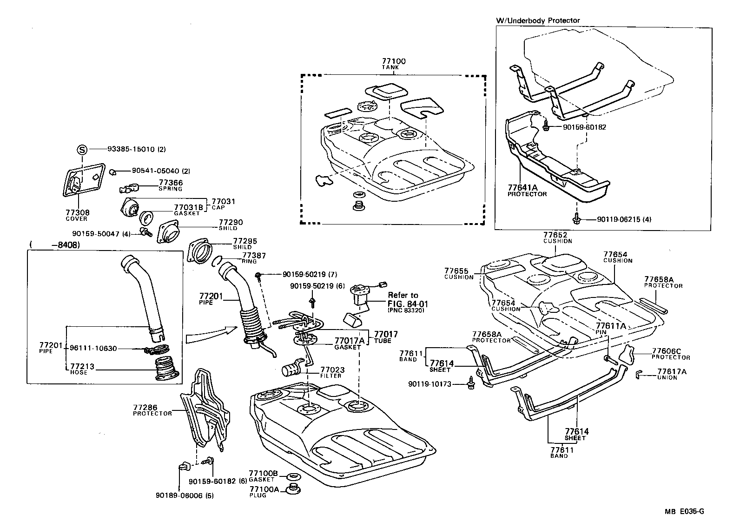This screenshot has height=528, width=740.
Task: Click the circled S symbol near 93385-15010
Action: coord(82,150)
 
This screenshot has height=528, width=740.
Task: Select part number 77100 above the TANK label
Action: coord(394,61)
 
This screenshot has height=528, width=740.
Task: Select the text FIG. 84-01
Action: coord(408,304)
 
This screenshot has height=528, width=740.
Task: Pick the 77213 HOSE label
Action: coord(82,369)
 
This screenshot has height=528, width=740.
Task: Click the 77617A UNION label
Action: coord(671,374)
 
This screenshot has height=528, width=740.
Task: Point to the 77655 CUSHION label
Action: coord(459,273)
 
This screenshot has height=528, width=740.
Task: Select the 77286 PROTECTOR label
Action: coord(152,410)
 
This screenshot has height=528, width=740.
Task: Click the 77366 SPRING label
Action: coord(171,185)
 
